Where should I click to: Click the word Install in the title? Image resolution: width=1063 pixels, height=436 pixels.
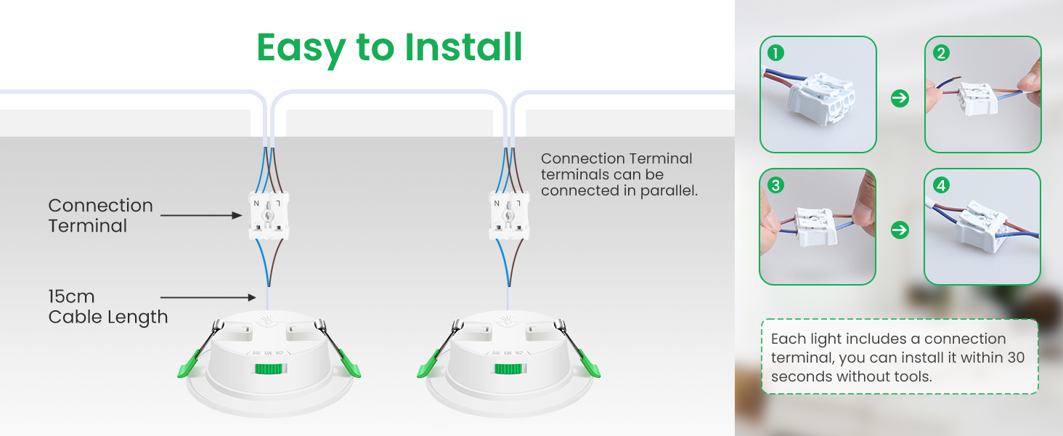pos(463,47)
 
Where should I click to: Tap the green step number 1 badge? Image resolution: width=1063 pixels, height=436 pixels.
pos(775,53)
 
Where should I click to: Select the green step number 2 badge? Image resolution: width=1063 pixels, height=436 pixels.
pos(941,53)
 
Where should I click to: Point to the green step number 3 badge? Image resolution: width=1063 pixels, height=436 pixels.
pos(775,185)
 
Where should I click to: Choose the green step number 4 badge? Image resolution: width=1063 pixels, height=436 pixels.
pos(941,185)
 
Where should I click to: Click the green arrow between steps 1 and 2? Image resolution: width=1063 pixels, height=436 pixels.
pos(900,98)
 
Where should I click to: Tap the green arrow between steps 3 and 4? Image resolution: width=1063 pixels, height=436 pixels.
pos(900,230)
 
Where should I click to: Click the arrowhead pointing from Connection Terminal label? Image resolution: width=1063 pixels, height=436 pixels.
pos(237,216)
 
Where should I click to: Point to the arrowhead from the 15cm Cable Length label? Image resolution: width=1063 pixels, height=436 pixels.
pos(251,298)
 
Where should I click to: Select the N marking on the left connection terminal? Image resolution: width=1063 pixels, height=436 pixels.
pos(256,203)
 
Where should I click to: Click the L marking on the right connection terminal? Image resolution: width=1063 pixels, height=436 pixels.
pos(518,203)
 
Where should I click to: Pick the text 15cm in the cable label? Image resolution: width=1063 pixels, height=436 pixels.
pos(72,296)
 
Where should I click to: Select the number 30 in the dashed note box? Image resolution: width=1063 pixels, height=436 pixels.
pos(1016,358)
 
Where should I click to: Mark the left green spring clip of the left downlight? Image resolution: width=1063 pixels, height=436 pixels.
pos(189,365)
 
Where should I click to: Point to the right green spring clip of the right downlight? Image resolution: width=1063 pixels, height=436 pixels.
pos(588,365)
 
